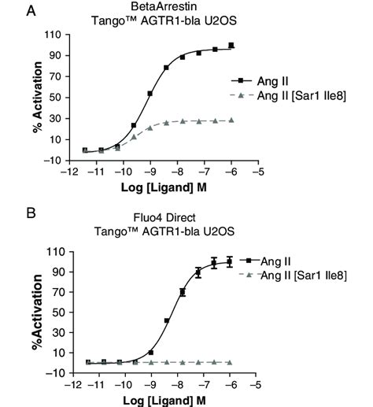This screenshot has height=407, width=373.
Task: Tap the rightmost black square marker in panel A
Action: tap(231, 46)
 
